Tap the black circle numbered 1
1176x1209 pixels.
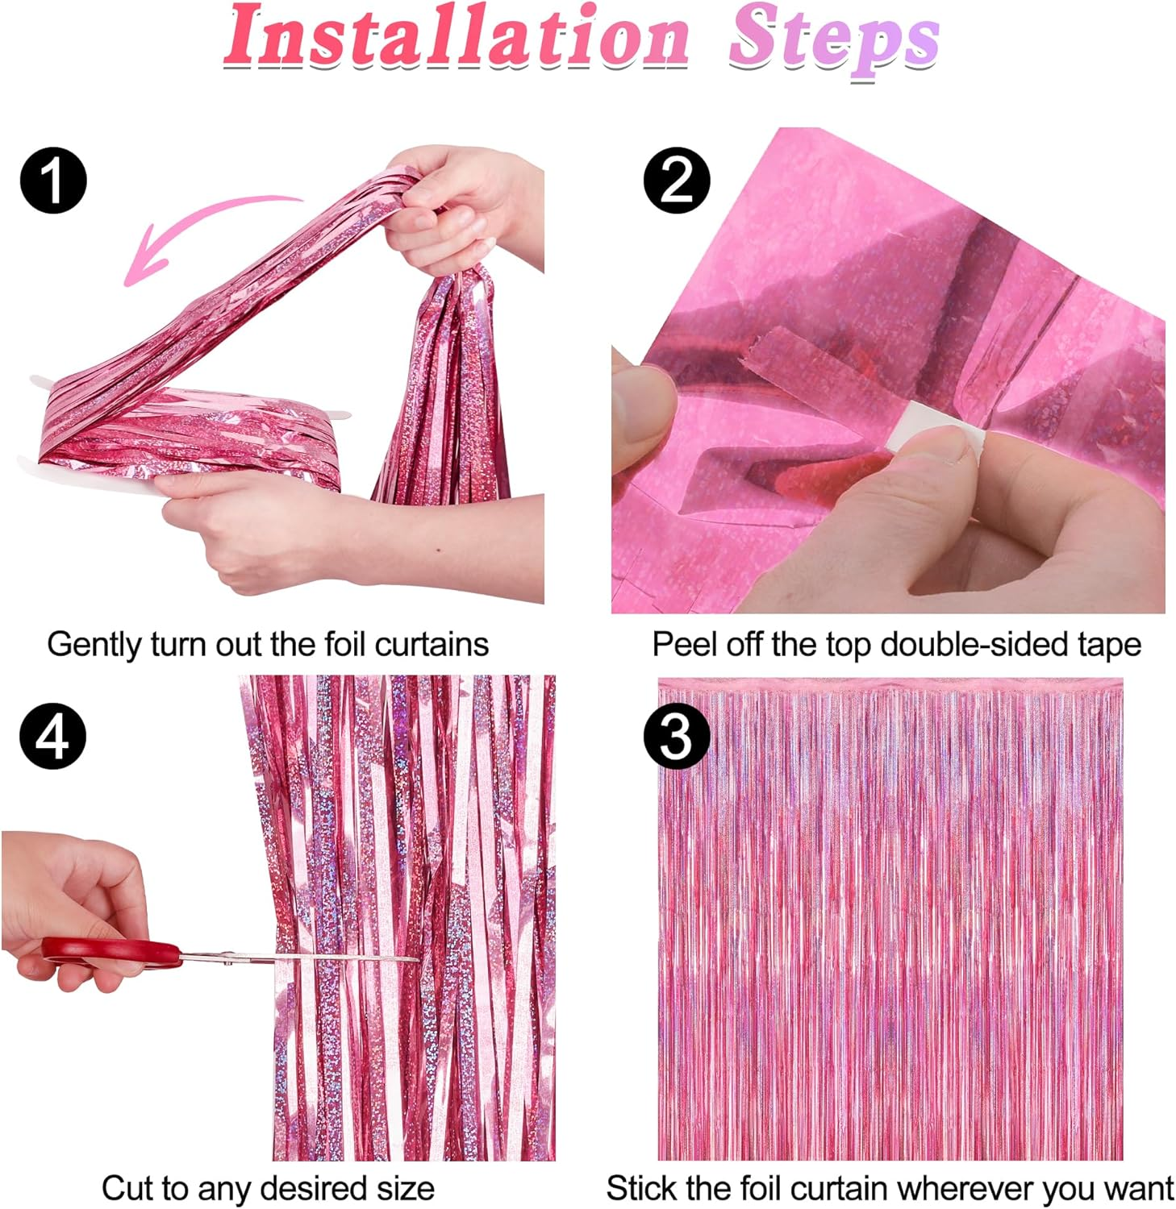pos(53,181)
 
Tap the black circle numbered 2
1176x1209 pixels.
pos(676,181)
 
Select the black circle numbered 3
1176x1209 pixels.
pos(676,737)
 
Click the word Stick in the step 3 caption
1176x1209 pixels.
pos(640,1188)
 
